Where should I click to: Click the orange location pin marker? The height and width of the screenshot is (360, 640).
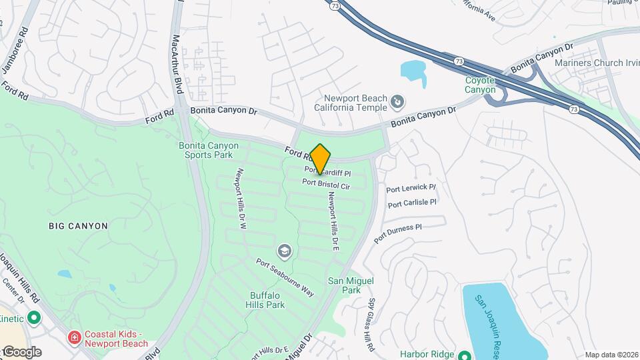(321, 159)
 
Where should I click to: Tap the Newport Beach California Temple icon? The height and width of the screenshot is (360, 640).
(397, 101)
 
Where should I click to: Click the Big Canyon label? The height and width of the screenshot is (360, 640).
(78, 226)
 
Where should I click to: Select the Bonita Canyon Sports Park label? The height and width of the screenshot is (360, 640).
(205, 150)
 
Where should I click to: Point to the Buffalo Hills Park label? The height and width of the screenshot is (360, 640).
(267, 300)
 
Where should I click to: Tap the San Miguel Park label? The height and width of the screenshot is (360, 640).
(345, 285)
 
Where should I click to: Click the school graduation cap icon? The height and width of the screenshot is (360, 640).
(285, 251)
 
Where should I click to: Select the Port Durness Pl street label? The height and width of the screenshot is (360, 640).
(398, 233)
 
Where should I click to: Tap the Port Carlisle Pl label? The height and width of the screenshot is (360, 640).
(412, 203)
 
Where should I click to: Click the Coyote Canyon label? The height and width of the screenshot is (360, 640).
(480, 85)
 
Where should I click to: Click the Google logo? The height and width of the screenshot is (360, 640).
(21, 351)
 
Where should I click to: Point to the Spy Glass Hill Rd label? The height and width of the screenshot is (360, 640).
(371, 325)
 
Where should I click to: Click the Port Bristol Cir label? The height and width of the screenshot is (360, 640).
(326, 184)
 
